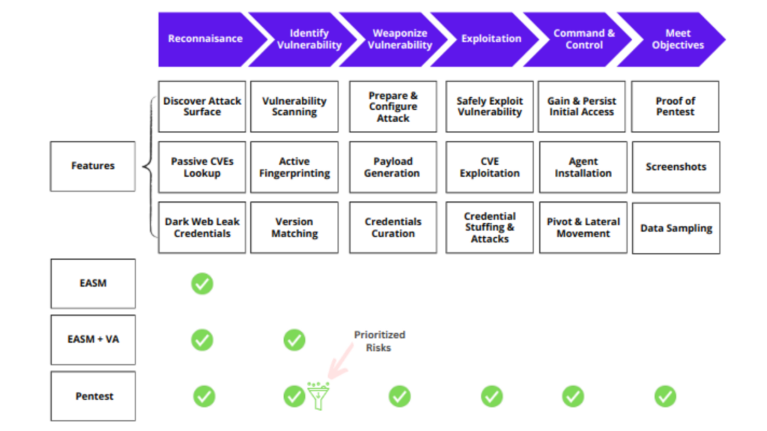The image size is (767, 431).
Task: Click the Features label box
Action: (x=93, y=166)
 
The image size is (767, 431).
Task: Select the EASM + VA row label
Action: (x=93, y=340)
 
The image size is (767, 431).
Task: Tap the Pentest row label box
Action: (x=93, y=396)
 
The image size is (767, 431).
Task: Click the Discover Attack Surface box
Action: (x=202, y=107)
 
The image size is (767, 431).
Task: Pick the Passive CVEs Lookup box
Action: (x=202, y=167)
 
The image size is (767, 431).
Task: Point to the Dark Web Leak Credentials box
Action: (x=202, y=227)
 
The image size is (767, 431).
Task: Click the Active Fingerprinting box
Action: (x=294, y=167)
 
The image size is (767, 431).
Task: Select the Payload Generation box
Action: (x=392, y=167)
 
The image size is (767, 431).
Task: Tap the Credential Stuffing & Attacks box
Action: (x=490, y=227)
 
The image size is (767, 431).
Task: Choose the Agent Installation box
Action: (x=583, y=167)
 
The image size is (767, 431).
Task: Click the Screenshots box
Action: (x=676, y=167)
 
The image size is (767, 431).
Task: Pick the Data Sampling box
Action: (x=676, y=228)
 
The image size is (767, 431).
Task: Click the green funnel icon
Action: (x=318, y=395)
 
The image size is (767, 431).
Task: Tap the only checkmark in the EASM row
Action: (x=202, y=284)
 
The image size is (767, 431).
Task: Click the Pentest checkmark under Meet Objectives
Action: (x=665, y=396)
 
